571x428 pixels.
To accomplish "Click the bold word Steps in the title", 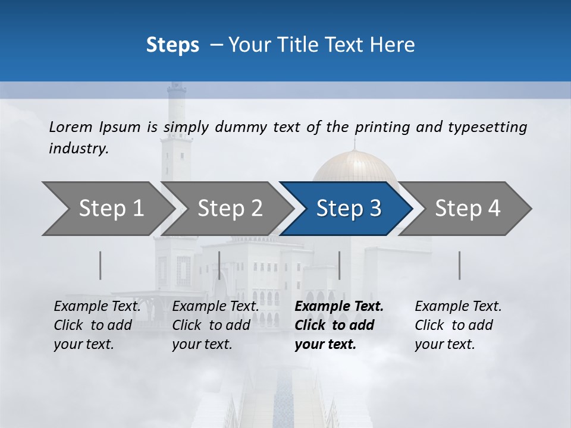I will click(172, 45).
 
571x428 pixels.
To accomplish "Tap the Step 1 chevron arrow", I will click(107, 208).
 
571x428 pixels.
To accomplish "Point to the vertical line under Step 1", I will click(101, 265).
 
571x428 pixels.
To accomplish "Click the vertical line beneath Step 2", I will click(219, 265).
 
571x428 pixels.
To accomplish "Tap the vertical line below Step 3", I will click(339, 265).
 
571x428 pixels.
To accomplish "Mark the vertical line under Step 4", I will click(459, 265).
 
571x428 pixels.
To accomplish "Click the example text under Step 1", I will click(97, 325).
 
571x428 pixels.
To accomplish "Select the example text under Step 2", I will click(215, 325).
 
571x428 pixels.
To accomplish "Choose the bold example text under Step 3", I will click(338, 325).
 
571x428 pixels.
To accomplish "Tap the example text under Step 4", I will click(458, 325).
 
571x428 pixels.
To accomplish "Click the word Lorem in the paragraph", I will click(71, 127).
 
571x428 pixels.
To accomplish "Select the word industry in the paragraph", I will click(78, 149).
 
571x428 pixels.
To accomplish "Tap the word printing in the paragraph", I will click(378, 127).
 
